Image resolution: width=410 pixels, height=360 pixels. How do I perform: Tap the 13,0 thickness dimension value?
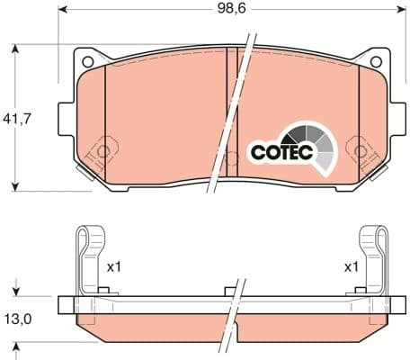click(x=19, y=318)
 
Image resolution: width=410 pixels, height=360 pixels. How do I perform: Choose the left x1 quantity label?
click(x=113, y=267)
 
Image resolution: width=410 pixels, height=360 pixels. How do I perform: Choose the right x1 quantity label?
click(x=351, y=267)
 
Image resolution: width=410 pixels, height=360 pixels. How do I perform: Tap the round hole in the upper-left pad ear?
click(x=88, y=61)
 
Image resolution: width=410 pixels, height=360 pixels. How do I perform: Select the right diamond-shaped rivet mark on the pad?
click(x=361, y=147)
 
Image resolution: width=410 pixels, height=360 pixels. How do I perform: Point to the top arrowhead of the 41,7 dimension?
click(x=16, y=47)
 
